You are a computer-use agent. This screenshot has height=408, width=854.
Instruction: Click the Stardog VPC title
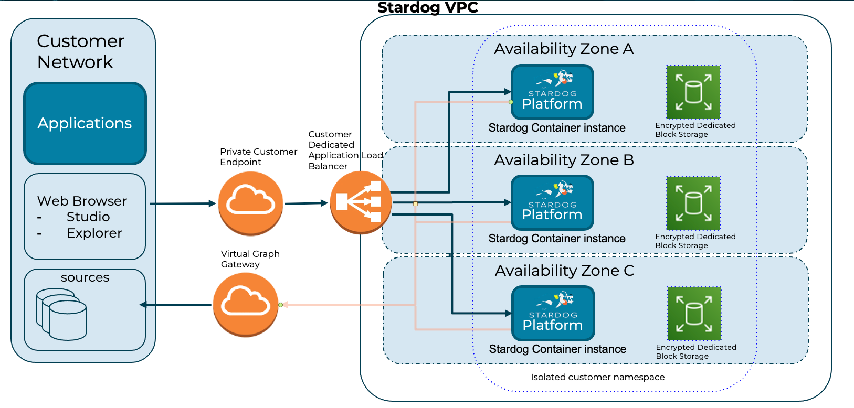(428, 8)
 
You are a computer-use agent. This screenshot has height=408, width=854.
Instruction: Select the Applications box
(85, 123)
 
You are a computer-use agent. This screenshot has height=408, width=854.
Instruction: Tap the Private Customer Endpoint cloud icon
(250, 203)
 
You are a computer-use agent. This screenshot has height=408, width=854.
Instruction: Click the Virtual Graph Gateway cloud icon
(245, 304)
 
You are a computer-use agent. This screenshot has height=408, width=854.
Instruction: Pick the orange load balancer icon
(361, 202)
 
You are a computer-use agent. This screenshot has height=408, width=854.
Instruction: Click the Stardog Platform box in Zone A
(552, 92)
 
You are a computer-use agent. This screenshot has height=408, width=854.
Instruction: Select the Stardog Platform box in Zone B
(552, 202)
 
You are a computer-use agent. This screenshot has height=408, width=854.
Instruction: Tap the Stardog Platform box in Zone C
(553, 313)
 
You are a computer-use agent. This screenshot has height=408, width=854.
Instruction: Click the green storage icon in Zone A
(693, 92)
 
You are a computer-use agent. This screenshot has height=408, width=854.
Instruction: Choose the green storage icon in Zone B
(693, 203)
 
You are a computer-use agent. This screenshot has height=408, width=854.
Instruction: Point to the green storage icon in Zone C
(694, 314)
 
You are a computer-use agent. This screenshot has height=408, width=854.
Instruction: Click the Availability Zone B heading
(564, 160)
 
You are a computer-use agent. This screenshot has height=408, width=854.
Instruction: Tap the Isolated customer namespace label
(597, 377)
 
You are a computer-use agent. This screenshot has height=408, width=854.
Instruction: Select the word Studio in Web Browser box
(88, 217)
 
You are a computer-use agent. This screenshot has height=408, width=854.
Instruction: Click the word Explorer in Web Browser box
(94, 233)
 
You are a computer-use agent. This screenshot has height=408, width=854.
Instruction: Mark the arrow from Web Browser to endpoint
(183, 203)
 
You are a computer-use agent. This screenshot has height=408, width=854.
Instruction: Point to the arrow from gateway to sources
(176, 305)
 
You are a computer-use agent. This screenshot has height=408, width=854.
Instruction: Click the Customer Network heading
(80, 51)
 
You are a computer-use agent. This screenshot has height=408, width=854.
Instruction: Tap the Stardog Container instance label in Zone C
(557, 349)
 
